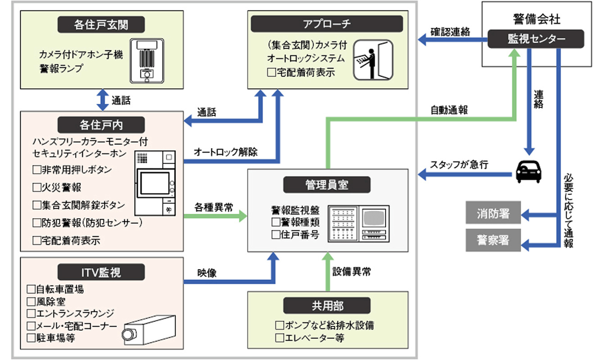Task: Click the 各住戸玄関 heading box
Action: pos(101,24)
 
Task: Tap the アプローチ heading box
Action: pos(327,24)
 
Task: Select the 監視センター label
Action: pos(536,39)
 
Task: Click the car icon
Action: pos(529,171)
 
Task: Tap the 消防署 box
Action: pos(493,214)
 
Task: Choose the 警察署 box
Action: pos(493,240)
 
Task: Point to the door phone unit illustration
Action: pos(147,60)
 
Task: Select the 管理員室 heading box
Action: pos(327,184)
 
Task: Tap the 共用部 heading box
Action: pos(327,306)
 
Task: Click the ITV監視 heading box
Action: pos(101,272)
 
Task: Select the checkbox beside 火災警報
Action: pos(37,187)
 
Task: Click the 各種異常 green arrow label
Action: pos(214,207)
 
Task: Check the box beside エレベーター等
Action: pos(280,337)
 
